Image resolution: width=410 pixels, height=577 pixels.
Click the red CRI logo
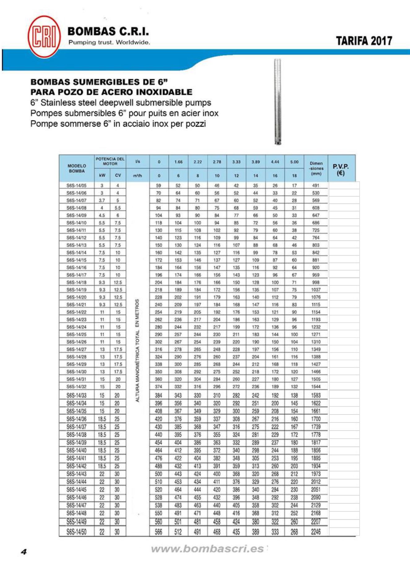point(44,37)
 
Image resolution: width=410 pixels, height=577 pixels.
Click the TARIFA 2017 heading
point(364,41)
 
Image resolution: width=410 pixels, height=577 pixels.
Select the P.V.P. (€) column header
point(341,169)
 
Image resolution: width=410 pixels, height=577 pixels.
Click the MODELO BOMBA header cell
point(77,168)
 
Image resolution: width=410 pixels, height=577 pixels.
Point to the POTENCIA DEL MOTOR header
point(110,161)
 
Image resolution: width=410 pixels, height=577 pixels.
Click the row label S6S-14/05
point(76,186)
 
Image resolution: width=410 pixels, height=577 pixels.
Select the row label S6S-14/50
point(76,532)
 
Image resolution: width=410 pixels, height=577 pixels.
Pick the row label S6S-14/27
point(76,349)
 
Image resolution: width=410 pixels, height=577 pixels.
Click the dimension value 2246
point(316,532)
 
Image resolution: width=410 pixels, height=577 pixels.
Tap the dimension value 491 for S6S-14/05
point(316,186)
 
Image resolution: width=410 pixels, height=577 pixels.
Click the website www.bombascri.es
point(207,549)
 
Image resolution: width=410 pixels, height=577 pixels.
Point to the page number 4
point(24,552)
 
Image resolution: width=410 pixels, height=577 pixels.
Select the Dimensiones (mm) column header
point(316,168)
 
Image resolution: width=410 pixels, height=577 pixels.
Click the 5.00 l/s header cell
point(294,162)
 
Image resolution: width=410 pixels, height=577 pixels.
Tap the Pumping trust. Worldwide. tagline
point(109,42)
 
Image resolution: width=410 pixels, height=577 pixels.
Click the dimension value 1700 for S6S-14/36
point(316,419)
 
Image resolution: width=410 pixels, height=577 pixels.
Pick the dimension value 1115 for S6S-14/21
point(316,305)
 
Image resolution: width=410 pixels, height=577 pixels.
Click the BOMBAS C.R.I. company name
point(108,31)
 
